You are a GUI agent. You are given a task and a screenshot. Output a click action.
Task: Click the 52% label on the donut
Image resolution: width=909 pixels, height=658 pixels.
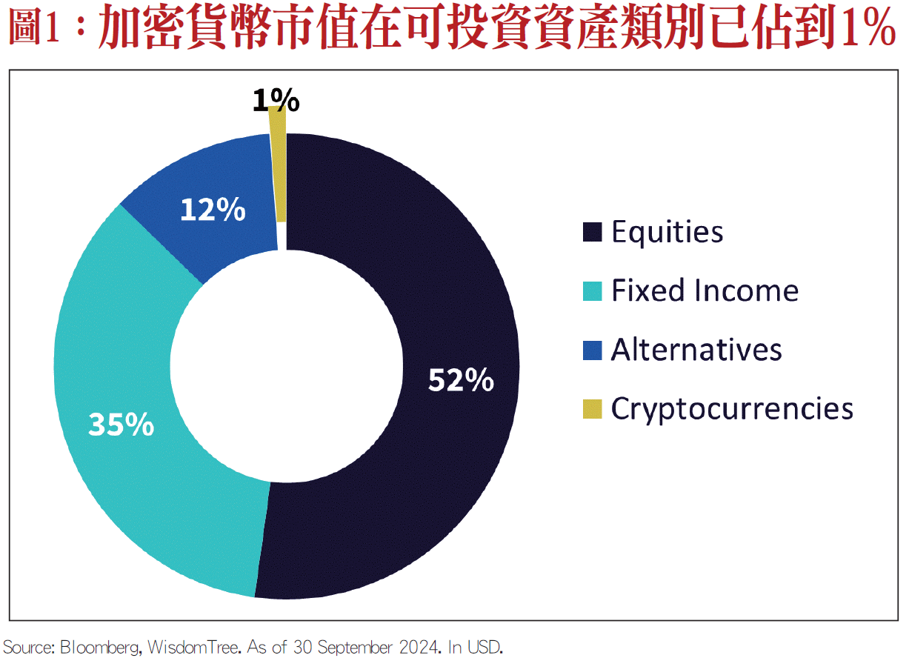point(461,381)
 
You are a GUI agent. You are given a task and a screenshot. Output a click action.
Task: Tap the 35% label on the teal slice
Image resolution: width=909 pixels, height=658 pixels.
point(121,424)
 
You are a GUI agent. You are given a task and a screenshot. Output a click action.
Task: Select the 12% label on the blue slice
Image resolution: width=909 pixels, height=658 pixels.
point(213,210)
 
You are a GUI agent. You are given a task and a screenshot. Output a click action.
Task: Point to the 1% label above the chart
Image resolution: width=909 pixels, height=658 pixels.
point(276,100)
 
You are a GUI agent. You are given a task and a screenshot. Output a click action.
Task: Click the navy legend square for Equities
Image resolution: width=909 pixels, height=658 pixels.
point(592,232)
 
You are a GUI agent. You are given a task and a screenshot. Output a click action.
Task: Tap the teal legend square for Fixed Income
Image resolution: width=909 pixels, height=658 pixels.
point(592,290)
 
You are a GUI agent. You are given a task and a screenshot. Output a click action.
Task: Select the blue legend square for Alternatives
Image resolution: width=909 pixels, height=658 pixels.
point(592,349)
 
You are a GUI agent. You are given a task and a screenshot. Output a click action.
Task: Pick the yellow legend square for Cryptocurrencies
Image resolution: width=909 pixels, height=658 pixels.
point(592,408)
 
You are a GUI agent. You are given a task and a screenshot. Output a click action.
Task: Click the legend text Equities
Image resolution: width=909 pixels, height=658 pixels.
point(667,232)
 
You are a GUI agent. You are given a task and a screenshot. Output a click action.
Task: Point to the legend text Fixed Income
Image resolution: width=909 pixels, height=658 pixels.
point(705,290)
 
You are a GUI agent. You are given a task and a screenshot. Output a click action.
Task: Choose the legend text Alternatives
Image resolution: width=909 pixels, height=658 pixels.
point(696,349)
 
